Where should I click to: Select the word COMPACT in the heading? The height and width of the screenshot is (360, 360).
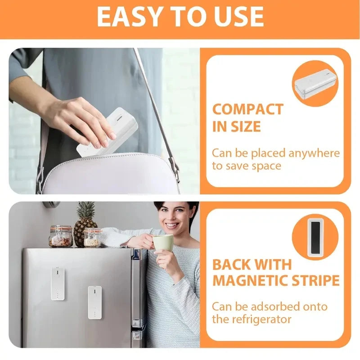(247, 109)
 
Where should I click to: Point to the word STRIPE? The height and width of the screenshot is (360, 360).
(317, 280)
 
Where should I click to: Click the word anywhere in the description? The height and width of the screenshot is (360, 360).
(314, 153)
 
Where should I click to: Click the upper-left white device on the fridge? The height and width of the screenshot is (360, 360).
(57, 283)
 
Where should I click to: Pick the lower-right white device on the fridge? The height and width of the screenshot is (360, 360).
(94, 302)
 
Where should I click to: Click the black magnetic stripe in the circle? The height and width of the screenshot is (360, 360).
(315, 237)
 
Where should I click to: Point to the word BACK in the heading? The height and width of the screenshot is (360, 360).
(234, 264)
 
